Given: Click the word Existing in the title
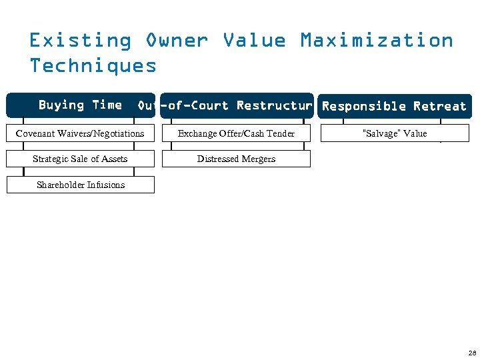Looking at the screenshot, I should [80, 41].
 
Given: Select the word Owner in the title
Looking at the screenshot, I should [177, 41].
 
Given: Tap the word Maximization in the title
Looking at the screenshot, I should [377, 41].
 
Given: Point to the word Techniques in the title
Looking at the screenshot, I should [93, 66].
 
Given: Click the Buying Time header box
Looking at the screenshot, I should [80, 105].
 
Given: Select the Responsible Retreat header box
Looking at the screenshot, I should [394, 106].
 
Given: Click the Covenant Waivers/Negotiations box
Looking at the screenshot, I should [80, 133].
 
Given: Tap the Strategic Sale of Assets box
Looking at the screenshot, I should [80, 159].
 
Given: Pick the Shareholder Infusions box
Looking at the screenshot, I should [80, 185].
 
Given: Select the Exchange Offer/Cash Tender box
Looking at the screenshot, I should [236, 133].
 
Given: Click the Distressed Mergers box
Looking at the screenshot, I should [236, 159].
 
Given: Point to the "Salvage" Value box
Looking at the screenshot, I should [394, 133].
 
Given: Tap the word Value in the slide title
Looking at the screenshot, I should [254, 41].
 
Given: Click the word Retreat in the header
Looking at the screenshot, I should [439, 106].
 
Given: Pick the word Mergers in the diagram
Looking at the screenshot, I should [258, 159].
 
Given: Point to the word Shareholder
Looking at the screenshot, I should [59, 185].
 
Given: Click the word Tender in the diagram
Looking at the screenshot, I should [280, 133].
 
